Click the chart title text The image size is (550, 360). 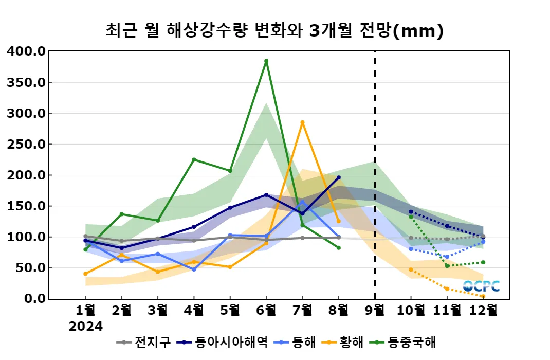274,31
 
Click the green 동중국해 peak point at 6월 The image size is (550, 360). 266,61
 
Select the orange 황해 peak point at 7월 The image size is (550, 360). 302,122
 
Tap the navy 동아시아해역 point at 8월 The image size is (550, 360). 338,177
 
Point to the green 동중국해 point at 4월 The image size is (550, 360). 194,159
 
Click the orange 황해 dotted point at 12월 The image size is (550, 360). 483,296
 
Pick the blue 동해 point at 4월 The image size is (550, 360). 194,269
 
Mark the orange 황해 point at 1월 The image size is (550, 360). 85,274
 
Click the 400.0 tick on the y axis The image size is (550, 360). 27,51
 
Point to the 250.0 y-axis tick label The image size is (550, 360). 27,145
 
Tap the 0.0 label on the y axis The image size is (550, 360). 34,299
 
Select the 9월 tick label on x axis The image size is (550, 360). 374,311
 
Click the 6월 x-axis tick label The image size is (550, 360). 266,311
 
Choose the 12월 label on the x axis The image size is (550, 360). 483,311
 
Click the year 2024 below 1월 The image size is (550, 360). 86,327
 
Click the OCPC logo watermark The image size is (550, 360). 481,286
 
